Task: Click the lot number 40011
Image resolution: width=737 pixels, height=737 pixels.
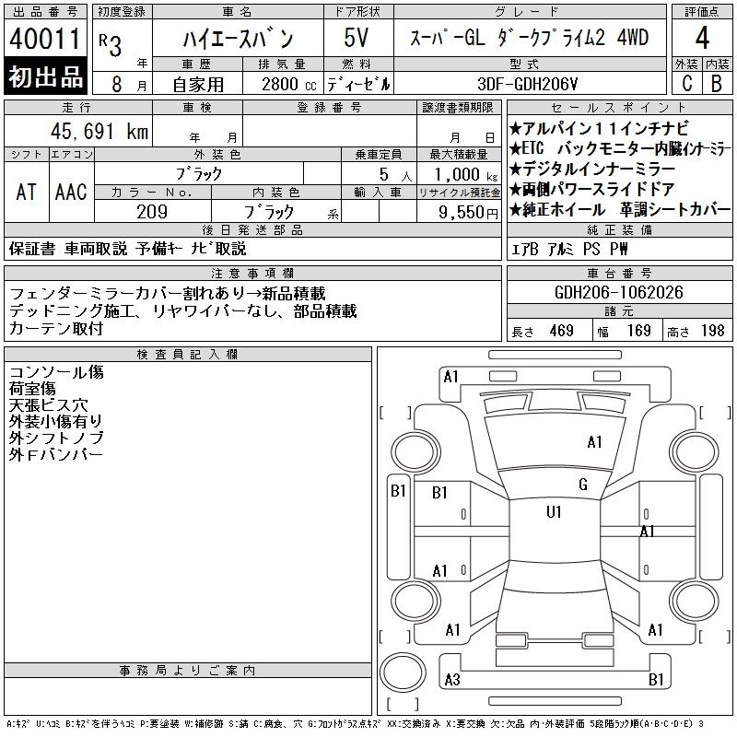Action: [45, 39]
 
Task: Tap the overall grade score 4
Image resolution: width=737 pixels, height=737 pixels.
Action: [702, 38]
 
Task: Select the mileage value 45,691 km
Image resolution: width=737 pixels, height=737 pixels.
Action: [99, 131]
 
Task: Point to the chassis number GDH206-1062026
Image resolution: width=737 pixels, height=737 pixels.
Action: [618, 292]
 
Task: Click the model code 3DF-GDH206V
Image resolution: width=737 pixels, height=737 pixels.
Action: [527, 84]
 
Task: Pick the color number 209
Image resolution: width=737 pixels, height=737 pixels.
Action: [152, 212]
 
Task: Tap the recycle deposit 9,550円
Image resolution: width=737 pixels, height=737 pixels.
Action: [468, 213]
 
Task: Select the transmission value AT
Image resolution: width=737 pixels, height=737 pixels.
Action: [27, 192]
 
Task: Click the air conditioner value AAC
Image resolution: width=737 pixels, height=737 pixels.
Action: [71, 192]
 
